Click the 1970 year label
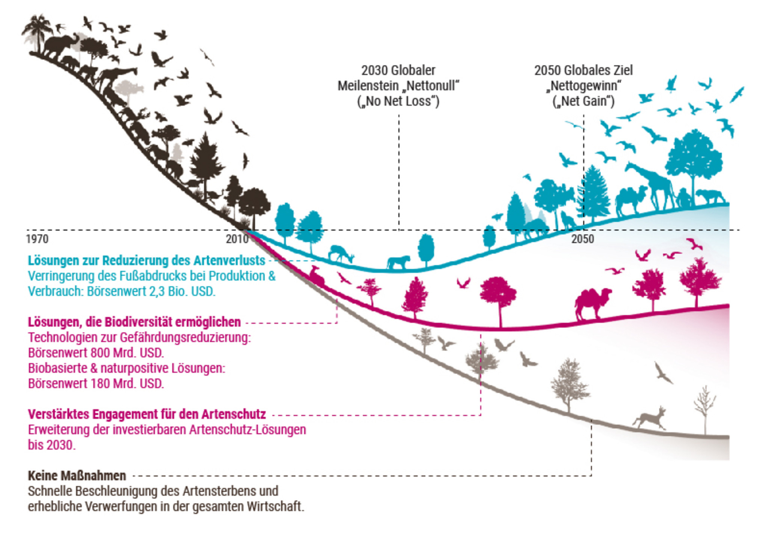coord(37,239)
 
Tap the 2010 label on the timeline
coord(237,239)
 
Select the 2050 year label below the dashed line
coord(582,239)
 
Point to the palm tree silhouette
coord(38,30)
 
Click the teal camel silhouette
coord(631,201)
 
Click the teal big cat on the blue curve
coord(398,262)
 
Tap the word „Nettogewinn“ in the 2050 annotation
coord(584,86)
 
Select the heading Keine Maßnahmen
coord(77,475)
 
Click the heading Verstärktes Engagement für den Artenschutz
coord(147,414)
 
